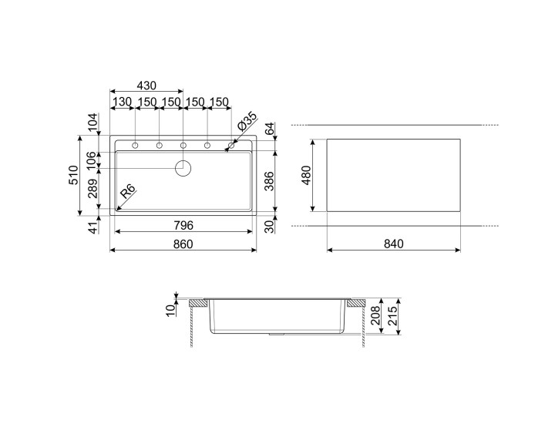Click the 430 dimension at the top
click(x=146, y=86)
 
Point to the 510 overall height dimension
click(x=72, y=175)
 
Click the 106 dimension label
click(x=93, y=160)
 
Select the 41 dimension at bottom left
click(x=93, y=227)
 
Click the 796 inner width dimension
click(x=182, y=225)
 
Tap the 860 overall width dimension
click(x=182, y=244)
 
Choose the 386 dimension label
click(x=270, y=180)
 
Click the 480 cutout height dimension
click(x=306, y=175)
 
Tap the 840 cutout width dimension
click(x=394, y=244)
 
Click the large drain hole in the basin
click(x=183, y=167)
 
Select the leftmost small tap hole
click(x=135, y=145)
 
